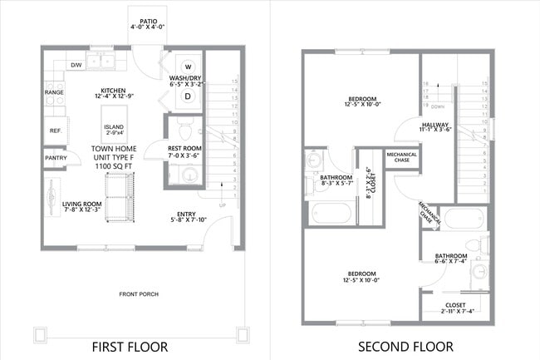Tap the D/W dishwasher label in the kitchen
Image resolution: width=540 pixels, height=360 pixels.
tap(76, 64)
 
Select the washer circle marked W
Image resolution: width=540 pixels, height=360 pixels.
tap(188, 67)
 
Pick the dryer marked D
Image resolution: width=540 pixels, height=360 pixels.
tap(188, 96)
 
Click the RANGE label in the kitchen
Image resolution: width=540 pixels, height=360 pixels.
tap(54, 92)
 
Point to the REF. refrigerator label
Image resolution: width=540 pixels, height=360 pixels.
tap(55, 131)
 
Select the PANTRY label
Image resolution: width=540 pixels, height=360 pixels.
tap(56, 157)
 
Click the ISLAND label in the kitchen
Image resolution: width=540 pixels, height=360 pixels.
tap(114, 126)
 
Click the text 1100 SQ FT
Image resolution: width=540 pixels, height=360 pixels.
tap(114, 166)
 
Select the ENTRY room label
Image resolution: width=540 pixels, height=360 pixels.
tap(187, 215)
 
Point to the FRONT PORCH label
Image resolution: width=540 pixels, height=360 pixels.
tap(139, 293)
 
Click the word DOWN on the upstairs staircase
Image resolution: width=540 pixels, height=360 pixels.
tap(437, 107)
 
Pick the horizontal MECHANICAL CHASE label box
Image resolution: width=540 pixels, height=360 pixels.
tap(401, 157)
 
